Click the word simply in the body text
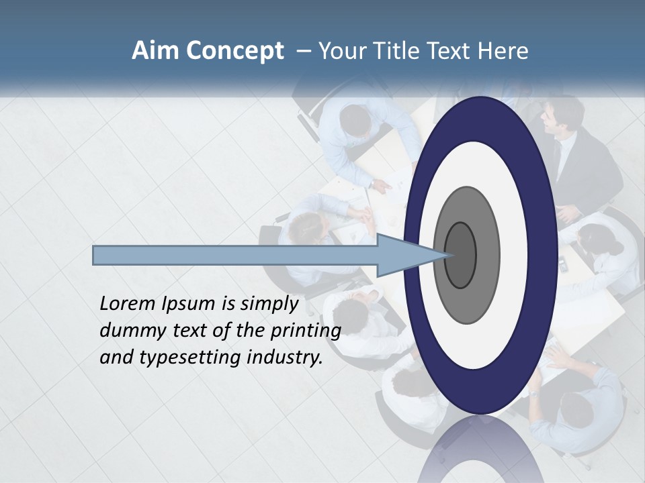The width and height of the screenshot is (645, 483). coord(269,305)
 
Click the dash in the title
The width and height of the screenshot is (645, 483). coord(303,51)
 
